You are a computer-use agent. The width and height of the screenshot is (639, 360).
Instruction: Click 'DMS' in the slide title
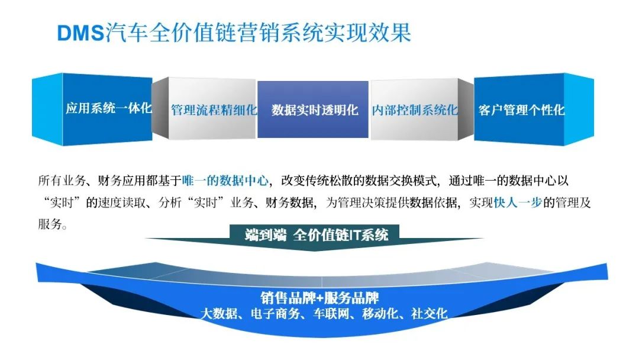point(81,33)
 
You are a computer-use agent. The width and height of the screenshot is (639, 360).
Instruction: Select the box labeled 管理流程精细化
point(212,109)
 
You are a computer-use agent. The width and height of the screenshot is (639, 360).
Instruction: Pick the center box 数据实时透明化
point(313,110)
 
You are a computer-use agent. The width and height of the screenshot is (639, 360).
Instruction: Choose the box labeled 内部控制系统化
point(414,110)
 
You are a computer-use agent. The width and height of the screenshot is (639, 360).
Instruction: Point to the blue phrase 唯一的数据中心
point(225,180)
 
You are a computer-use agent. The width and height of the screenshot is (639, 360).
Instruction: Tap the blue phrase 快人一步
point(518,202)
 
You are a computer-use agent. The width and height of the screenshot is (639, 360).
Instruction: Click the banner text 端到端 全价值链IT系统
point(316,235)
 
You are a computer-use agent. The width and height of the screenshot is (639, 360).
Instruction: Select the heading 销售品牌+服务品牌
point(319,298)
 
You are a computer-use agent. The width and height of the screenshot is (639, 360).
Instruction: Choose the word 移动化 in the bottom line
point(380,313)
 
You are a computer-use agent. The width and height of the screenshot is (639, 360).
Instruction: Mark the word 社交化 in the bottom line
point(429,313)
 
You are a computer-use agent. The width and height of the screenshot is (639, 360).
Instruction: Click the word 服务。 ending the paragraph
point(53,224)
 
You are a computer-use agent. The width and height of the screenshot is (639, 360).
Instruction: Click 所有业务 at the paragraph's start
point(62,180)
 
